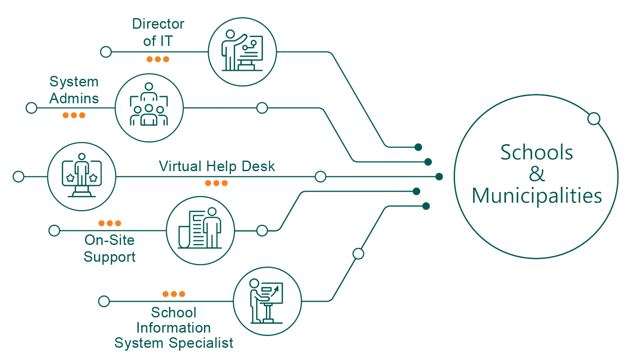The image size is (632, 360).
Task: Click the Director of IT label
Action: (158, 32)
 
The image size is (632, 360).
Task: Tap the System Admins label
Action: (74, 90)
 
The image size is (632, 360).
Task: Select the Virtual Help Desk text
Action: (217, 167)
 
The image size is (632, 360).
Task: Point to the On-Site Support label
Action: (110, 248)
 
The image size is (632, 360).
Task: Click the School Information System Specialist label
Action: (174, 328)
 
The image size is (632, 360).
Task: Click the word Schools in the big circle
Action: (536, 152)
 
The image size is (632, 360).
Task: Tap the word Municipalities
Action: (537, 196)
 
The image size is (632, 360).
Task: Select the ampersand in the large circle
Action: (536, 174)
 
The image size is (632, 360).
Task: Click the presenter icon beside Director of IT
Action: (242, 52)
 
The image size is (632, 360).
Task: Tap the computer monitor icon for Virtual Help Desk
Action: (81, 176)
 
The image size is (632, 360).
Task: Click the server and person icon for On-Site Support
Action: (200, 230)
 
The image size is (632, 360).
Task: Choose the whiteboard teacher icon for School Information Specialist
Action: (267, 301)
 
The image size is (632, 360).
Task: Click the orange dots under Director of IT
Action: (158, 59)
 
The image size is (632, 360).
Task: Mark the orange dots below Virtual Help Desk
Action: (217, 183)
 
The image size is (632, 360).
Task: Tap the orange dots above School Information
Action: (174, 294)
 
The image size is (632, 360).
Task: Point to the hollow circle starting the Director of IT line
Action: (106, 52)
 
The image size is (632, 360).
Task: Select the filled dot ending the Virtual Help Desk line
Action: (439, 177)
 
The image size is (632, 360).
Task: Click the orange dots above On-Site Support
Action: (110, 223)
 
